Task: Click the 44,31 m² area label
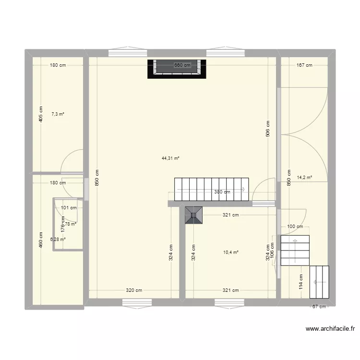coord(170,158)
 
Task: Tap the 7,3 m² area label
coord(58,114)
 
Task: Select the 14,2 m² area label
coord(305,177)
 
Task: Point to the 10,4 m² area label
coord(231,252)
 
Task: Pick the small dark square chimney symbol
coord(194,215)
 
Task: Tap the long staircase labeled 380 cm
coord(211,190)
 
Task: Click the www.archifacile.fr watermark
coord(330,329)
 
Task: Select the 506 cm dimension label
coord(267,129)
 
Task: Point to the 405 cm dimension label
coord(41,114)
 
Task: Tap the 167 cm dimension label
coord(304,65)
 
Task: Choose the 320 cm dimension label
coord(134,290)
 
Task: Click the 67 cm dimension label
coord(319,307)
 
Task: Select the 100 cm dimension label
coord(295,227)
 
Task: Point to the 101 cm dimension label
coord(69,208)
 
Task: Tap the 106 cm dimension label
coord(272,254)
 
